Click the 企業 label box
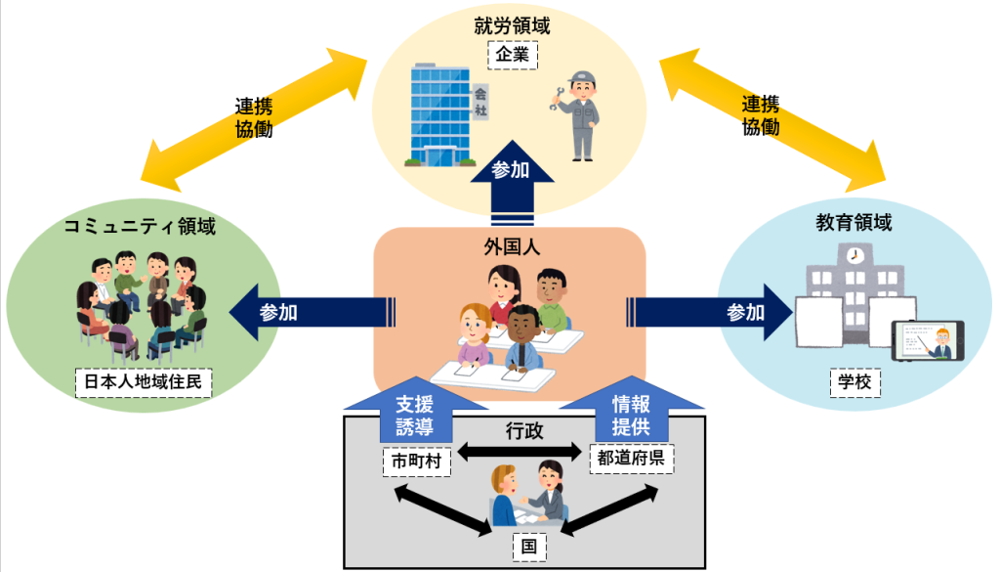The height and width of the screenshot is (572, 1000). pyautogui.click(x=513, y=55)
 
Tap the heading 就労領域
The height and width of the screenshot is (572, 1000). pyautogui.click(x=512, y=25)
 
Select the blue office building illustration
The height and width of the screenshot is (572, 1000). pyautogui.click(x=440, y=115)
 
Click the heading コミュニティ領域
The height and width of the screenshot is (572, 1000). pyautogui.click(x=140, y=226)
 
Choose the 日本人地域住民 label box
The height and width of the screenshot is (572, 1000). pyautogui.click(x=144, y=382)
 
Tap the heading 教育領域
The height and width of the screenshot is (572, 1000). pyautogui.click(x=854, y=222)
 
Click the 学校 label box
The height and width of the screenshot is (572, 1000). pyautogui.click(x=854, y=382)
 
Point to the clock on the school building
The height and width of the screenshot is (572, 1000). pyautogui.click(x=854, y=256)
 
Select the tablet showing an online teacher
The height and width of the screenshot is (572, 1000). pyautogui.click(x=928, y=341)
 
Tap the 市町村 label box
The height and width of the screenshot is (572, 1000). pyautogui.click(x=416, y=462)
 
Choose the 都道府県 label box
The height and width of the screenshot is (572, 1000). pyautogui.click(x=632, y=458)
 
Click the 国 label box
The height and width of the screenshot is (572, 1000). pyautogui.click(x=529, y=548)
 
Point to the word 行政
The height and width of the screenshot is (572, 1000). pyautogui.click(x=524, y=431)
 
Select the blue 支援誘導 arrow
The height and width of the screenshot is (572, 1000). pyautogui.click(x=416, y=411)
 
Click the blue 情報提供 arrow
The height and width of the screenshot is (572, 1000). pyautogui.click(x=632, y=410)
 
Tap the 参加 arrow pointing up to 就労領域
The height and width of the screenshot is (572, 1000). pyautogui.click(x=512, y=183)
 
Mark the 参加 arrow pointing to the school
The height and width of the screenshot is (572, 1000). pyautogui.click(x=710, y=312)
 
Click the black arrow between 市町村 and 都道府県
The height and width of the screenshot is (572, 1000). pyautogui.click(x=520, y=452)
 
